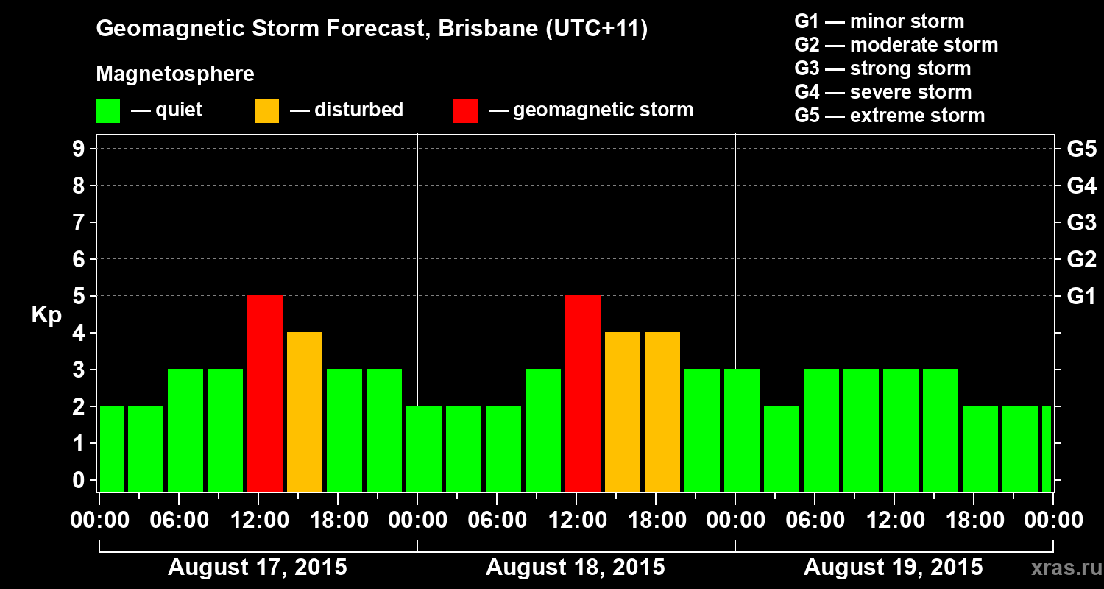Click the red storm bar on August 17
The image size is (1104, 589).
[x=265, y=393]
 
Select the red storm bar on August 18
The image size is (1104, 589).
[x=583, y=393]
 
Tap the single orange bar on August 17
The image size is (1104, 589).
[x=305, y=412]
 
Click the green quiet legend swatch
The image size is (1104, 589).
[x=107, y=111]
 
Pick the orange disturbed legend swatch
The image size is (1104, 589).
[x=266, y=111]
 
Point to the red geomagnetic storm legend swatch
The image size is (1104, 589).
[x=465, y=111]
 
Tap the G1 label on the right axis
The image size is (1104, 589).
[x=1081, y=297]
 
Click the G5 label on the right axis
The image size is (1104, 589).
[x=1081, y=149]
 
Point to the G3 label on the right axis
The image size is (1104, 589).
[x=1081, y=223]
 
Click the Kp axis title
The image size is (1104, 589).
[x=46, y=315]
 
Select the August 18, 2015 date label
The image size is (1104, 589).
[x=576, y=568]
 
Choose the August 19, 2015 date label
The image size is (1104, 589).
[x=893, y=568]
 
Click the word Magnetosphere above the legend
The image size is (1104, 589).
[x=175, y=74]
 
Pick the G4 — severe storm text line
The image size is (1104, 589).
[x=883, y=92]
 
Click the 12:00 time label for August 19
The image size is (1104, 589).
[x=894, y=521]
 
